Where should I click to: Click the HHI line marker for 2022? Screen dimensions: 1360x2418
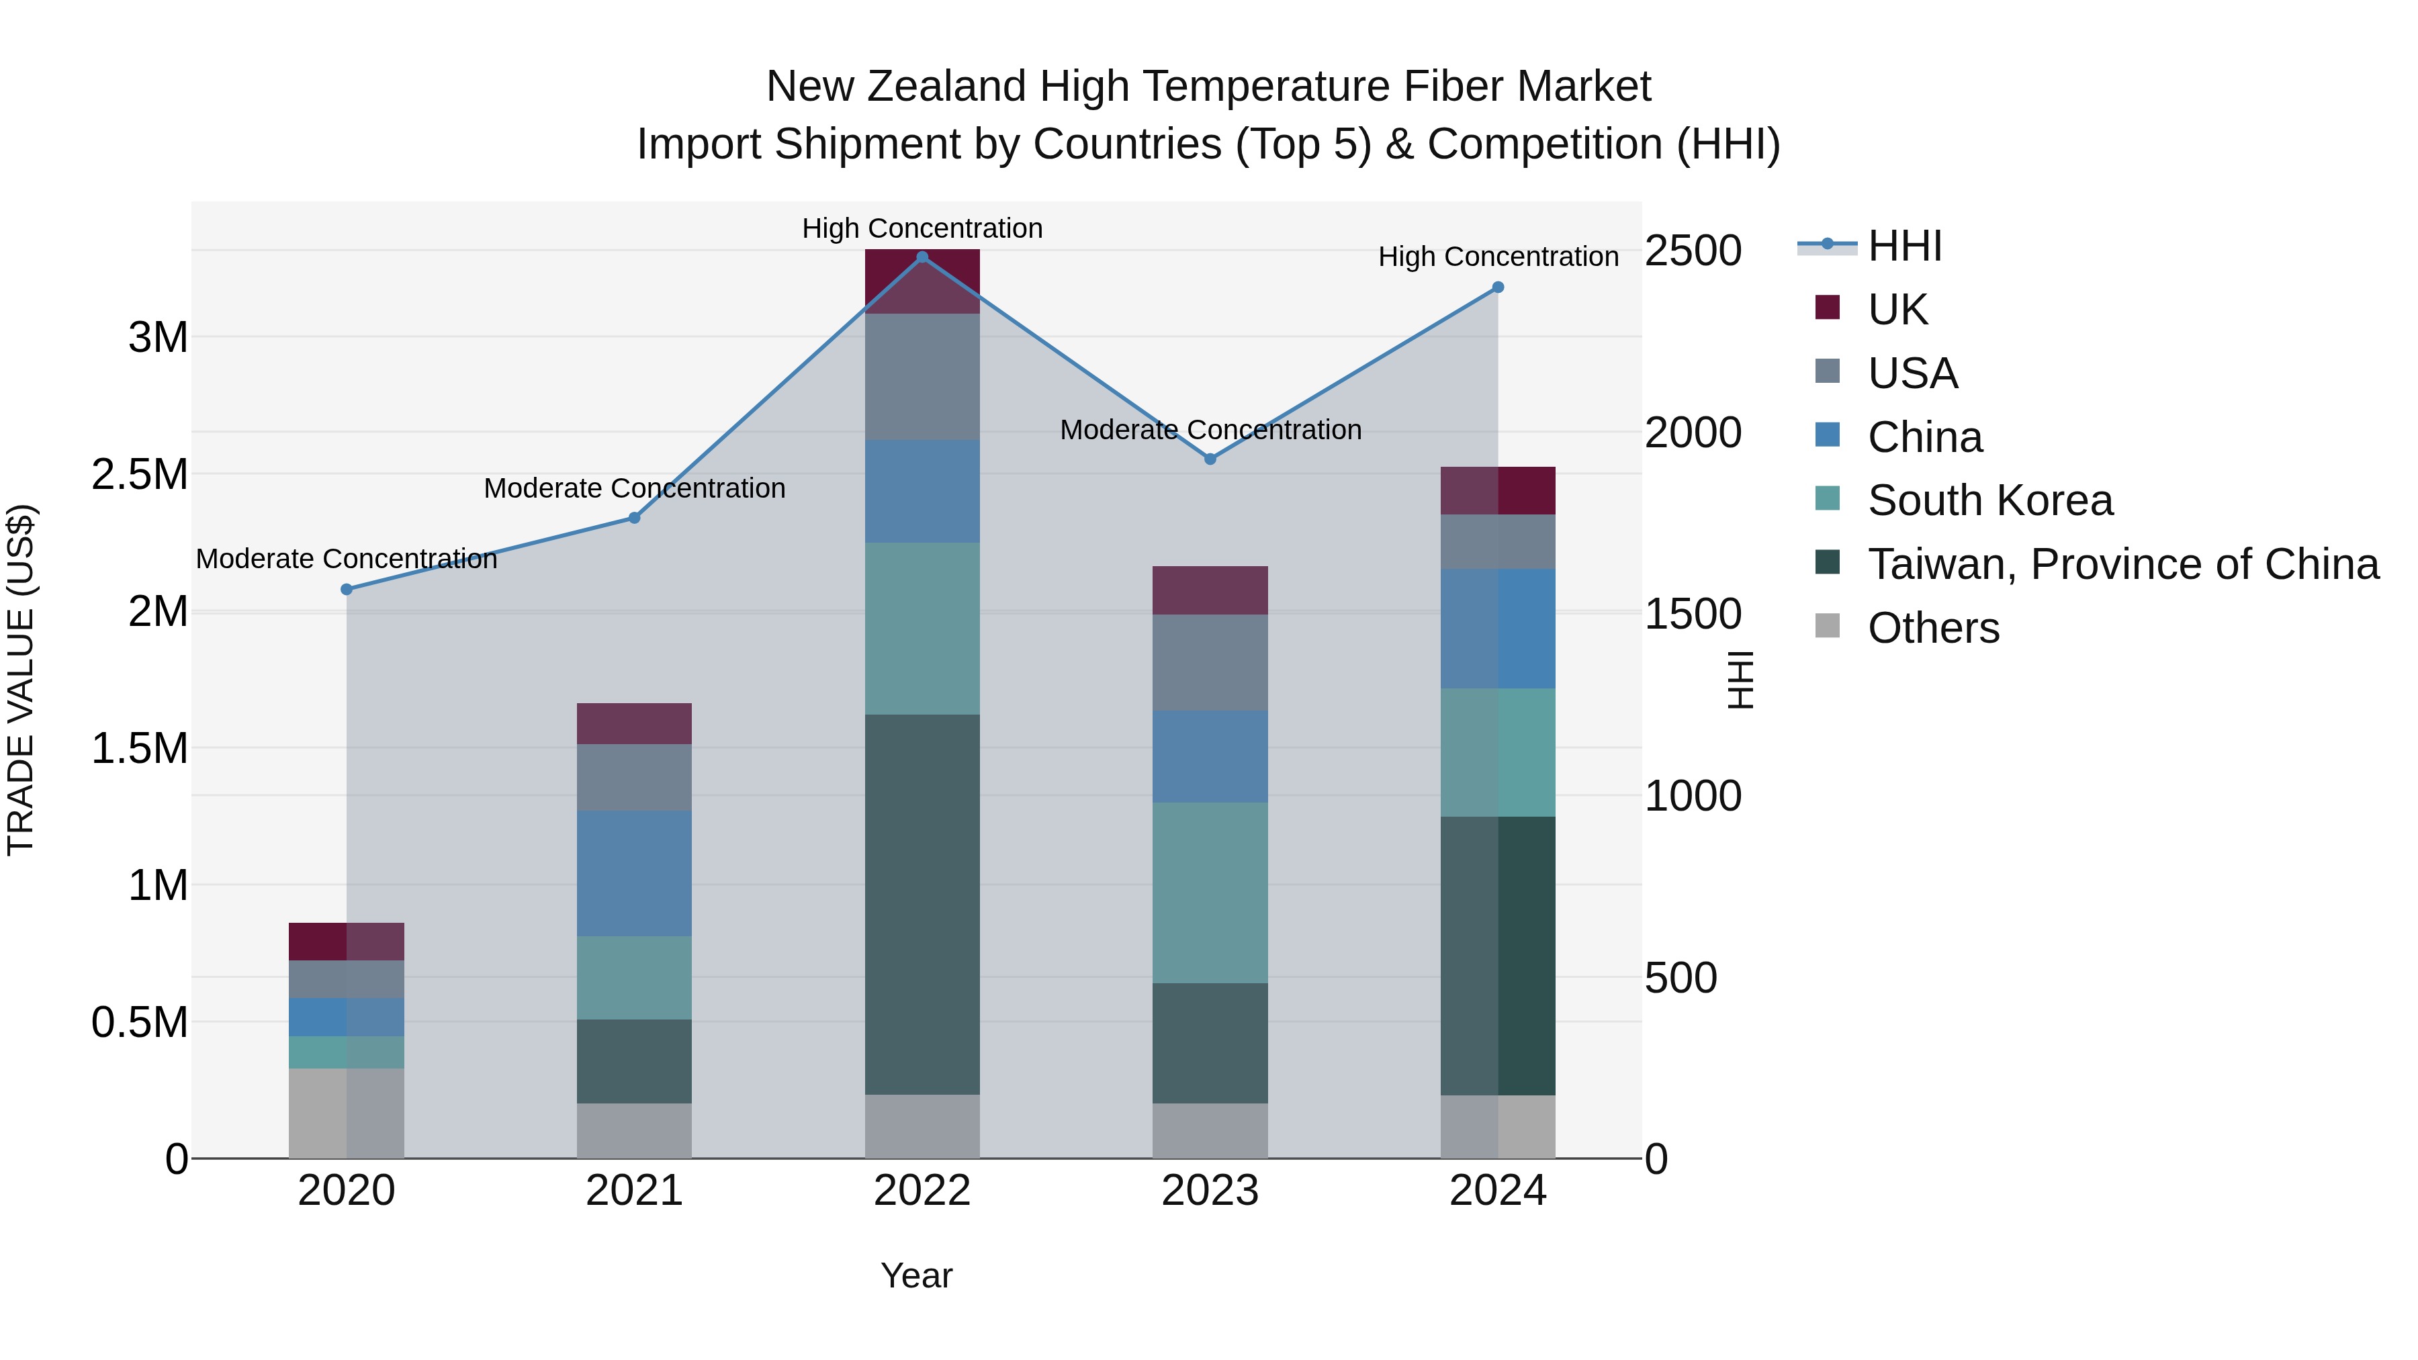[922, 257]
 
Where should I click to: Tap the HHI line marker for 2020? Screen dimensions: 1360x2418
[347, 590]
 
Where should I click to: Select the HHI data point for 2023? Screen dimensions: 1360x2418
[1210, 459]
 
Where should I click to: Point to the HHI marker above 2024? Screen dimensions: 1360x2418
[1498, 287]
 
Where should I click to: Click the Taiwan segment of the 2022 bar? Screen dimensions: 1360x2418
[922, 904]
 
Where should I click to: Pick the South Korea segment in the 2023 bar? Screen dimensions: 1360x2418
[1210, 892]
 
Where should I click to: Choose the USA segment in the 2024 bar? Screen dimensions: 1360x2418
[1498, 541]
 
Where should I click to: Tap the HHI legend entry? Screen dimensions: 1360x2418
[1904, 246]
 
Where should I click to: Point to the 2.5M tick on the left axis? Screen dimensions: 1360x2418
[140, 475]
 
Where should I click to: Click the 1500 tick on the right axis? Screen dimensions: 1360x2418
[1693, 615]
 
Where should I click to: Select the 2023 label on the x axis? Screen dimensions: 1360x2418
[1210, 1191]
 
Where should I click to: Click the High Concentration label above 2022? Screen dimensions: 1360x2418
[922, 228]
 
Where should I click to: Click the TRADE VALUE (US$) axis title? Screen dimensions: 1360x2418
[21, 680]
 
